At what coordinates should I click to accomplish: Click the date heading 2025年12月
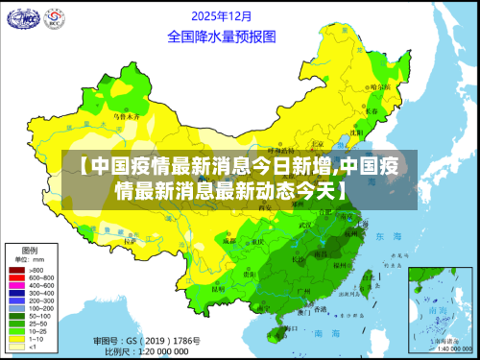(x=223, y=16)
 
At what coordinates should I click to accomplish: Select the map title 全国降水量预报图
(x=222, y=36)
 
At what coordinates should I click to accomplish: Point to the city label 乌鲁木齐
(x=128, y=116)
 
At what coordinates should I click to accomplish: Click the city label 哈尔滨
(x=381, y=86)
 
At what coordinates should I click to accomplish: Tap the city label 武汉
(x=306, y=227)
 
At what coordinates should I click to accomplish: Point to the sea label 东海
(x=389, y=236)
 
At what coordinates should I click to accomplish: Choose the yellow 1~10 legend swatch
(x=16, y=340)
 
